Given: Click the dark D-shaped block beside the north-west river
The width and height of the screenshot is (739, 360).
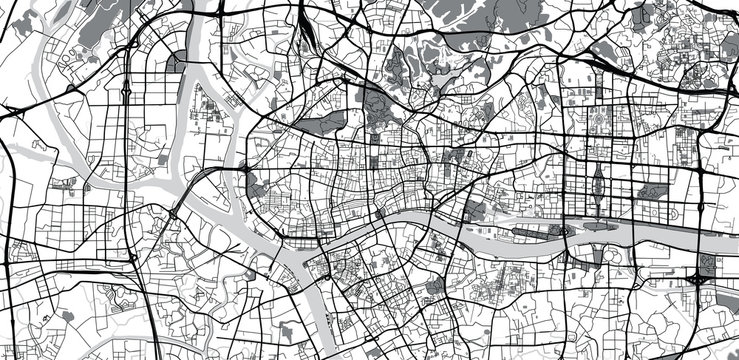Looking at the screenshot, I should (x=176, y=62).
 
